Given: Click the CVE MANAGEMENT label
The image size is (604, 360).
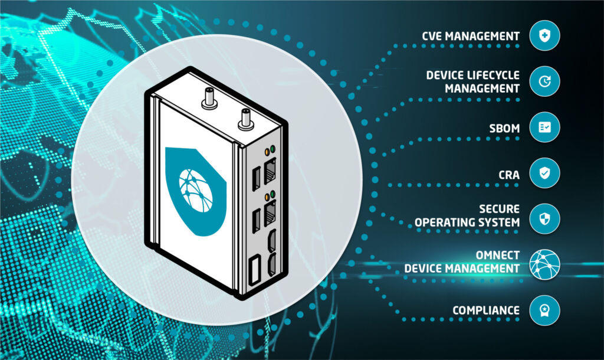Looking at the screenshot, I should [x=470, y=36].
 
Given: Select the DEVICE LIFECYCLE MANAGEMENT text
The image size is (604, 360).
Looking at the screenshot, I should [x=473, y=82].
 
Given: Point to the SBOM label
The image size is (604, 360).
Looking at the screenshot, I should [x=503, y=127].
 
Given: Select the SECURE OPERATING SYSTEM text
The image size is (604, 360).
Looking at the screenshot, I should [x=467, y=216].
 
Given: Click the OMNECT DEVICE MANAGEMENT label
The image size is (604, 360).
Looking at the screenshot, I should [x=462, y=262].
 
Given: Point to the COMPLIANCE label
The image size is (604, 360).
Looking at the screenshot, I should [x=486, y=310].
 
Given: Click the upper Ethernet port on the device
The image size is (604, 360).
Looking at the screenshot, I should [x=271, y=172].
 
